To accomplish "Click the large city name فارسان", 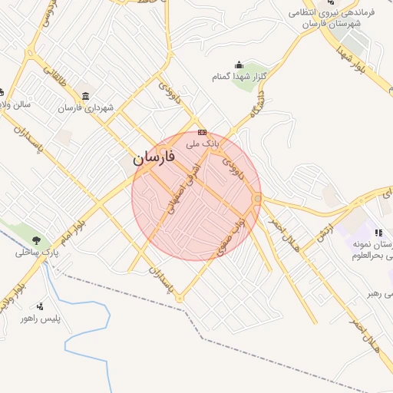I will (x=153, y=158).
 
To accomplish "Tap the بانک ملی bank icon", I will (x=202, y=132).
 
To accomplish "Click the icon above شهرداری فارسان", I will (x=84, y=96).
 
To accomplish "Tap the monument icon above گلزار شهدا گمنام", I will (x=239, y=65).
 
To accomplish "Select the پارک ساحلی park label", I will (x=31, y=253).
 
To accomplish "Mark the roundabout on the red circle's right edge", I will (x=258, y=200).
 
